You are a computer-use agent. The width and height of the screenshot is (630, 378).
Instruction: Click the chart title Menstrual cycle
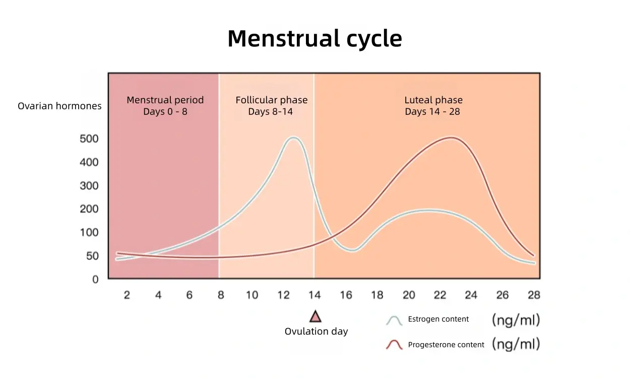click(x=314, y=39)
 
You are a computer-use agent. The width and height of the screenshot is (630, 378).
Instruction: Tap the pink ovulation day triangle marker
click(x=316, y=317)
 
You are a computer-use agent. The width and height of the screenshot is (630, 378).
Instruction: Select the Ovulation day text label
click(x=316, y=332)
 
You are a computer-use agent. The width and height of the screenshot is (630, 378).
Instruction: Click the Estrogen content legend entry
click(x=438, y=319)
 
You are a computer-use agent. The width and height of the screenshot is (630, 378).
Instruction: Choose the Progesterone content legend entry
click(x=446, y=345)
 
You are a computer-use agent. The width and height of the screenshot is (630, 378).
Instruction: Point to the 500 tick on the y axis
click(x=89, y=139)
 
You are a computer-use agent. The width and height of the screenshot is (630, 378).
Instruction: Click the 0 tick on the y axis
click(x=95, y=279)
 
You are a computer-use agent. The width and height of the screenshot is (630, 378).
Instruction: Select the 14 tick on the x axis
click(x=314, y=295)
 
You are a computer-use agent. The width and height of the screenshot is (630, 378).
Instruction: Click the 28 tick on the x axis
click(x=534, y=295)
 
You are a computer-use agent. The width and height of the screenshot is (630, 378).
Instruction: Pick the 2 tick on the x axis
click(x=127, y=295)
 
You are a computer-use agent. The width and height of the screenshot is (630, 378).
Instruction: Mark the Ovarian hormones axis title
click(x=59, y=106)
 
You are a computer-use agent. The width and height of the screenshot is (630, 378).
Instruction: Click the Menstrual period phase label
click(x=165, y=100)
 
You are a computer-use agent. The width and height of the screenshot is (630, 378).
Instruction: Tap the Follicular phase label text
click(x=271, y=100)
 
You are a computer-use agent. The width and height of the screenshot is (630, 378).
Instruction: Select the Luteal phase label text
click(x=433, y=100)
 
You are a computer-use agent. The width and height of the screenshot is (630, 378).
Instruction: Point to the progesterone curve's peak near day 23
click(x=451, y=137)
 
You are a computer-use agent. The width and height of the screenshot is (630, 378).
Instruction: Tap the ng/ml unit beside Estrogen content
click(x=516, y=319)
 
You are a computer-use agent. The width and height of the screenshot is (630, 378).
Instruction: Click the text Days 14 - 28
click(x=432, y=111)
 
